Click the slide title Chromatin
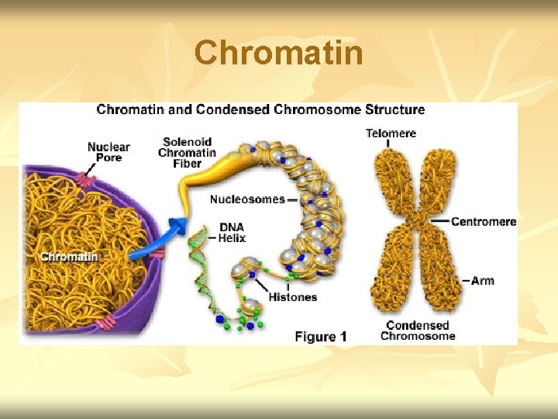[x=279, y=54]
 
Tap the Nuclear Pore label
[x=108, y=152]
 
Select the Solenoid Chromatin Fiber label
[x=187, y=152]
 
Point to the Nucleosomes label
[x=247, y=199]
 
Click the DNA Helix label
[x=232, y=233]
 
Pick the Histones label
[x=292, y=297]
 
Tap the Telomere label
[x=391, y=133]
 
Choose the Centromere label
[x=484, y=222]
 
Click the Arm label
[x=482, y=280]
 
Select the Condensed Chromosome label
[x=417, y=331]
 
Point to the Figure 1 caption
[x=320, y=337]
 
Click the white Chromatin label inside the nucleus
[x=69, y=257]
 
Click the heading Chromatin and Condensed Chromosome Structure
[x=260, y=110]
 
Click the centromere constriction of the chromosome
[x=418, y=221]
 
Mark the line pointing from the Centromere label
[x=439, y=221]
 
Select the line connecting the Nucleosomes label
[x=293, y=199]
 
